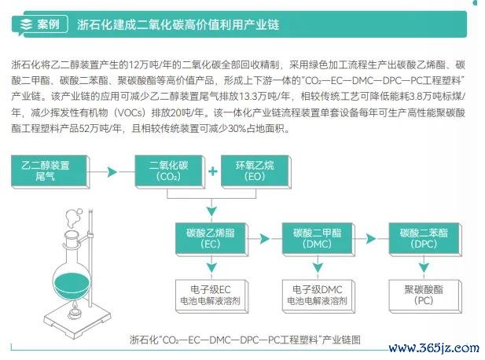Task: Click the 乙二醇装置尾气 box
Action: [50, 171]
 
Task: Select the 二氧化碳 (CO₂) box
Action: [170, 171]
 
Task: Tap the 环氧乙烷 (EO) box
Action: [255, 171]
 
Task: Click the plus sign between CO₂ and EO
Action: [213, 171]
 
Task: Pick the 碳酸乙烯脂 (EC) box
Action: [211, 239]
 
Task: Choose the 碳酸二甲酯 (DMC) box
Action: [318, 239]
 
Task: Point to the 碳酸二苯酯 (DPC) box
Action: [425, 239]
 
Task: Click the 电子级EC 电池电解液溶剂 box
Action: [211, 296]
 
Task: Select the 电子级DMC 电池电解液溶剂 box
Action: [318, 296]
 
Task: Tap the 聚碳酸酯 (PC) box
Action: [425, 296]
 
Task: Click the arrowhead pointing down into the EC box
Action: [211, 211]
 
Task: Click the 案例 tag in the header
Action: [40, 24]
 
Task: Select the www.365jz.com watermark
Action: [434, 348]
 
